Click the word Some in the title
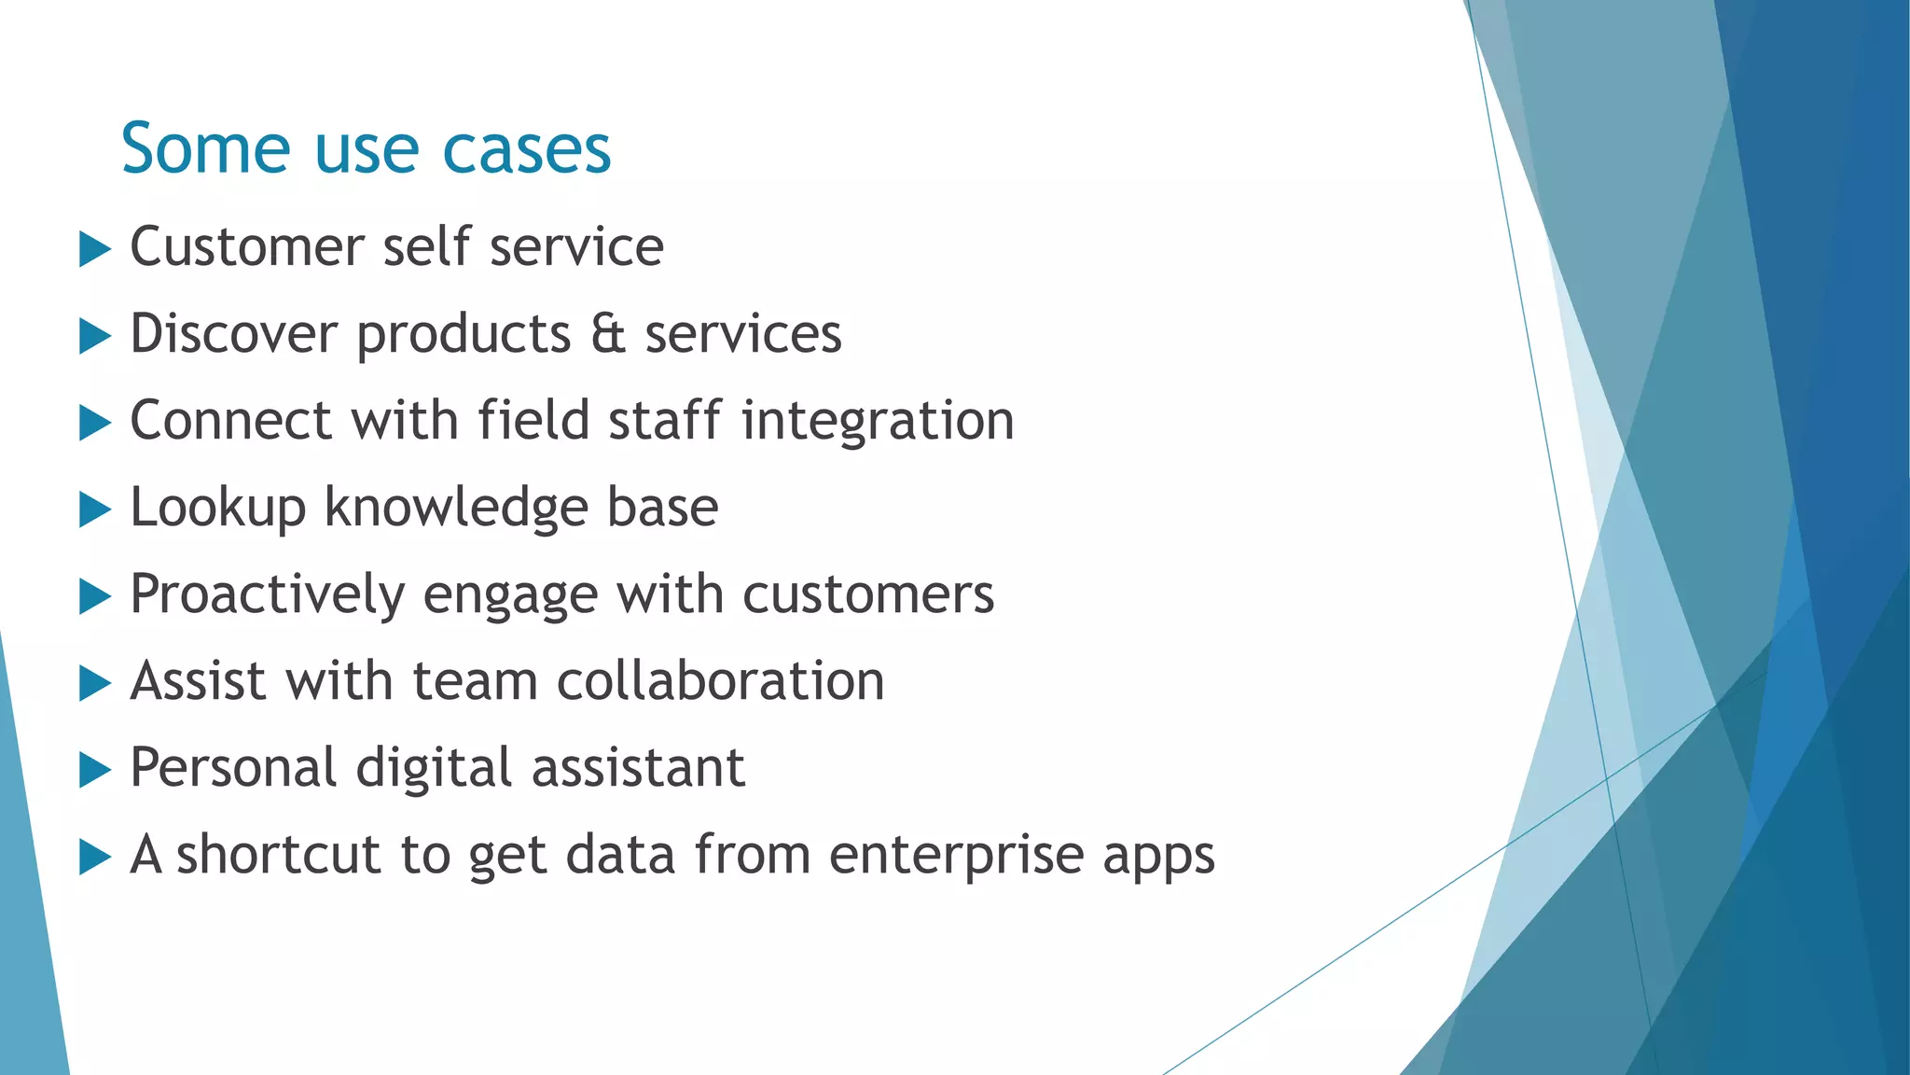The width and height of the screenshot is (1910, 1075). tap(205, 149)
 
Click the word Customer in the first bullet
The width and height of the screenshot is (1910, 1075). tap(246, 247)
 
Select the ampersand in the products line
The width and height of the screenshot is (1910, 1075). tap(607, 334)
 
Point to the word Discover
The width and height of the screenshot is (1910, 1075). tap(232, 334)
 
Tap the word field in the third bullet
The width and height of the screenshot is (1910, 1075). tap(533, 421)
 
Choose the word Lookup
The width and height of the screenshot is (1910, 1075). tap(217, 509)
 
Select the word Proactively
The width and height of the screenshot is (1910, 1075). tap(267, 595)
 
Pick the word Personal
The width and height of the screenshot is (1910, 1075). tap(232, 768)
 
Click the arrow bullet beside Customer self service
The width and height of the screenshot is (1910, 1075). tap(94, 249)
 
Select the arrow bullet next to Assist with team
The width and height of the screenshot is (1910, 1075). tap(94, 683)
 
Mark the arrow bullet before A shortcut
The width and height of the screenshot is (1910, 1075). tap(94, 857)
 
